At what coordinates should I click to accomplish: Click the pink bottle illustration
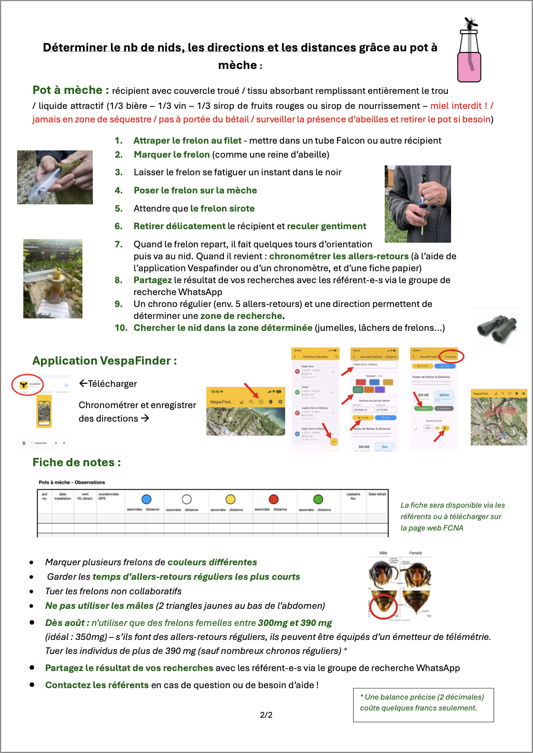click(x=469, y=57)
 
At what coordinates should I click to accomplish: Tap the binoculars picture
click(x=497, y=328)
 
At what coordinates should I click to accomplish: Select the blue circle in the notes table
click(x=146, y=499)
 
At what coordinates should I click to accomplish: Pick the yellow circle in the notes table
click(x=231, y=499)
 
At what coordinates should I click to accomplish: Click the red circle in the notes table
click(x=274, y=499)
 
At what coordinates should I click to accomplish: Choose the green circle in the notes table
click(x=318, y=499)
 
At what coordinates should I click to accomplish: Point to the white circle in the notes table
click(x=187, y=499)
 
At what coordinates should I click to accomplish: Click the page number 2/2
click(x=266, y=715)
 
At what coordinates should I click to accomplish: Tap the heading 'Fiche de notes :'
click(x=76, y=462)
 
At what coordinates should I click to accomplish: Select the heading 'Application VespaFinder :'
click(x=104, y=360)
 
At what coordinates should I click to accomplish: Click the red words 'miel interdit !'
click(x=459, y=106)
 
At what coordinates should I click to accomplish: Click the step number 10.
click(x=121, y=328)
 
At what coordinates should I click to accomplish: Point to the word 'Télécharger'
click(x=112, y=384)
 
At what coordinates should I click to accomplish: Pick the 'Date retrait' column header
click(x=377, y=494)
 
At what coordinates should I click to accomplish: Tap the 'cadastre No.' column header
click(x=353, y=496)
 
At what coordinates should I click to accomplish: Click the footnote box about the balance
click(x=423, y=704)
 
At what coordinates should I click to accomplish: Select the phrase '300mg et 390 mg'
click(x=294, y=623)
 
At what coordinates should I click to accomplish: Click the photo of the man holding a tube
click(x=417, y=204)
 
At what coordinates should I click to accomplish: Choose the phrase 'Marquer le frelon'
click(x=172, y=155)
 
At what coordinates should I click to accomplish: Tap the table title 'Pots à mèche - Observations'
click(x=72, y=482)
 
